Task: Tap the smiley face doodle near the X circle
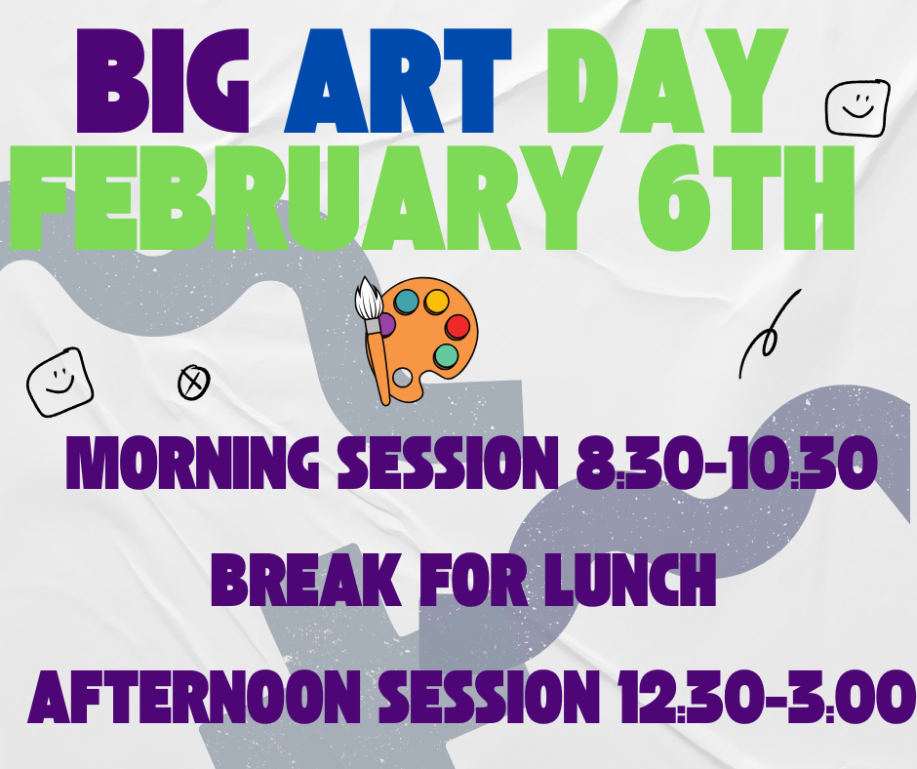click(x=60, y=381)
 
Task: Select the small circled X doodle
click(x=193, y=383)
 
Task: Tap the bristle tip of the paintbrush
click(x=368, y=292)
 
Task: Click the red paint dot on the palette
click(x=457, y=327)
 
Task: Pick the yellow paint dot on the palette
click(x=435, y=300)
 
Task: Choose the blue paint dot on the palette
click(x=406, y=302)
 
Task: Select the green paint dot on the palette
click(x=446, y=356)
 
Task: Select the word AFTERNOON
click(x=185, y=697)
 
